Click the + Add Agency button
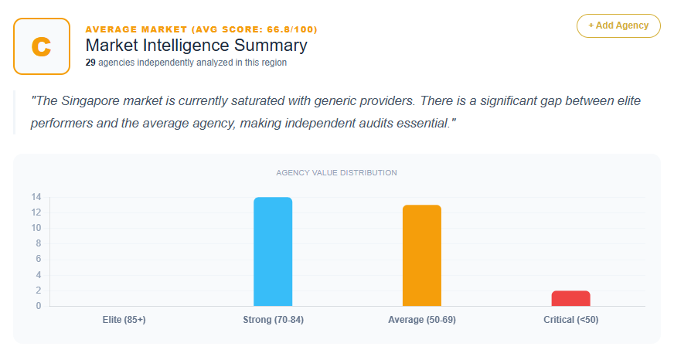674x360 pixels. pyautogui.click(x=618, y=25)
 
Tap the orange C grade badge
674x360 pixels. pyautogui.click(x=42, y=46)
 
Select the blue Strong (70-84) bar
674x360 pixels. pyautogui.click(x=273, y=252)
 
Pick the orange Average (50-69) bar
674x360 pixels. pyautogui.click(x=421, y=256)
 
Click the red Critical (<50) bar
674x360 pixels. pyautogui.click(x=570, y=298)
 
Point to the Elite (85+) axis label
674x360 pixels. pyautogui.click(x=124, y=320)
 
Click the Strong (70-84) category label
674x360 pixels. pyautogui.click(x=273, y=320)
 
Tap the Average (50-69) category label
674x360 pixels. pyautogui.click(x=421, y=320)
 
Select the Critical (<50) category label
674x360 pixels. pyautogui.click(x=570, y=320)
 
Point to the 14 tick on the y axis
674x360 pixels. pyautogui.click(x=36, y=197)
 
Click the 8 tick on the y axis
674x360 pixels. pyautogui.click(x=38, y=244)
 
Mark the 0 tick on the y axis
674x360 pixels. pyautogui.click(x=38, y=306)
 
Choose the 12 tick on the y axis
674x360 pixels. pyautogui.click(x=36, y=212)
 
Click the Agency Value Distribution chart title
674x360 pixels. pyautogui.click(x=336, y=173)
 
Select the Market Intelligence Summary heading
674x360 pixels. pyautogui.click(x=196, y=46)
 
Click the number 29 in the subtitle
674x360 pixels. pyautogui.click(x=90, y=63)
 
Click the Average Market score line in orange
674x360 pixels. pyautogui.click(x=201, y=29)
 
